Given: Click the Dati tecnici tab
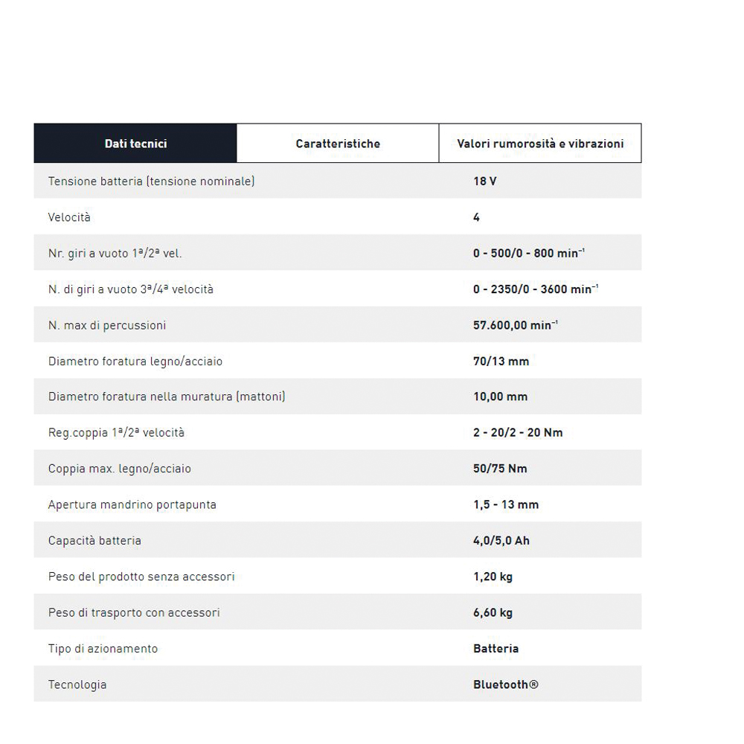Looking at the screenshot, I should pos(135,144).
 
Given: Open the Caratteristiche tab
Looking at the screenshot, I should pos(338,144).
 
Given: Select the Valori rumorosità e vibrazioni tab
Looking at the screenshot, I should pos(540,144).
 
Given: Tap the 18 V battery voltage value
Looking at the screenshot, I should pos(485,181).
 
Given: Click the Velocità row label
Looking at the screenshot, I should pos(69,217).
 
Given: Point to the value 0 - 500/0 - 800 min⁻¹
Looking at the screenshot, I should pos(528,253).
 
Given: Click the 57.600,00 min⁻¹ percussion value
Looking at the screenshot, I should pos(516,325).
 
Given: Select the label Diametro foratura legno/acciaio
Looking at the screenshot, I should pos(135,361).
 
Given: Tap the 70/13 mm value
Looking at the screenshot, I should pos(501,361).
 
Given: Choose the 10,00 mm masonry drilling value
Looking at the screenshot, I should pos(500,397).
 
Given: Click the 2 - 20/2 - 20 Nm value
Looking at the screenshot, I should pos(518,432).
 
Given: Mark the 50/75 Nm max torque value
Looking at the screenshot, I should pos(500,469).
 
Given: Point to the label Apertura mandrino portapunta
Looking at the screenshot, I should pos(132,504).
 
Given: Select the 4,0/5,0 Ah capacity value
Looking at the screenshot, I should pos(501,540).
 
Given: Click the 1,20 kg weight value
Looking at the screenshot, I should pos(493,577).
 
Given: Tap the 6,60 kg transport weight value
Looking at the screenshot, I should pos(493,612).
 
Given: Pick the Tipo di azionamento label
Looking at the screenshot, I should pos(103,649).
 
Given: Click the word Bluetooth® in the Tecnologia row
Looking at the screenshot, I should pos(505,684).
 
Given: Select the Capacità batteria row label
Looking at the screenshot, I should pos(94,540).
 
